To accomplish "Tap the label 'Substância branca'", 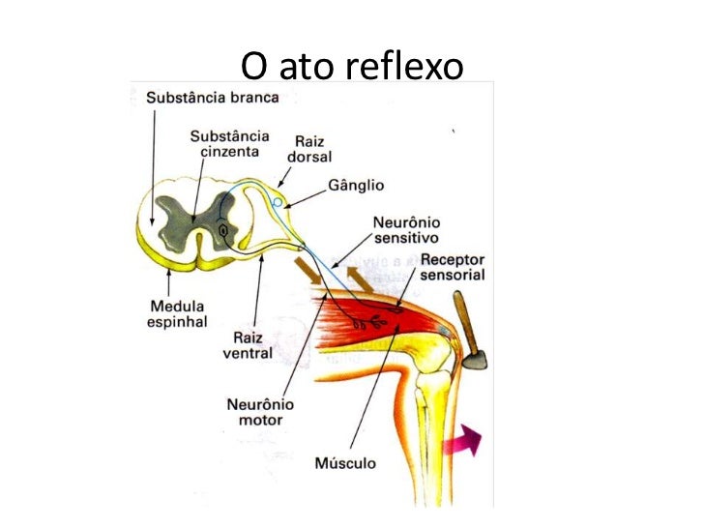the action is [x=213, y=98].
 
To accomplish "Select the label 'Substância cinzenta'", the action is [x=229, y=144].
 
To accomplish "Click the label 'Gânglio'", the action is [x=356, y=185].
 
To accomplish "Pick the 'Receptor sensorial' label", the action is [x=453, y=268].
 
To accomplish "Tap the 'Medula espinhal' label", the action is [x=176, y=313].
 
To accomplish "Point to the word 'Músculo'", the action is [x=345, y=462].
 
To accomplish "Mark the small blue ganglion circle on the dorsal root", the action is [x=278, y=203].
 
